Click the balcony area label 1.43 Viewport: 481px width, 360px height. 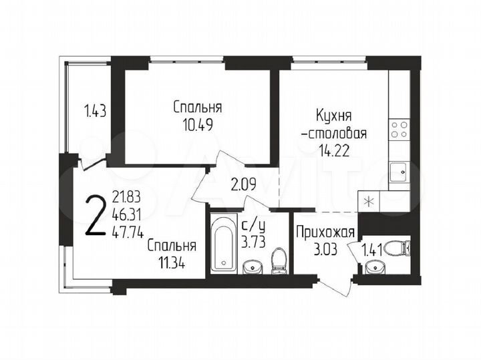tap(95, 111)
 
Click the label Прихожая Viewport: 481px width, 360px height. tap(325, 234)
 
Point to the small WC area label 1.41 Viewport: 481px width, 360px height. tap(372, 252)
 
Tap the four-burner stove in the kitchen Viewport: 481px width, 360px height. tap(399, 129)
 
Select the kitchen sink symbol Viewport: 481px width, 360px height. tap(399, 170)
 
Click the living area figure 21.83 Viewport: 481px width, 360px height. tap(126, 197)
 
